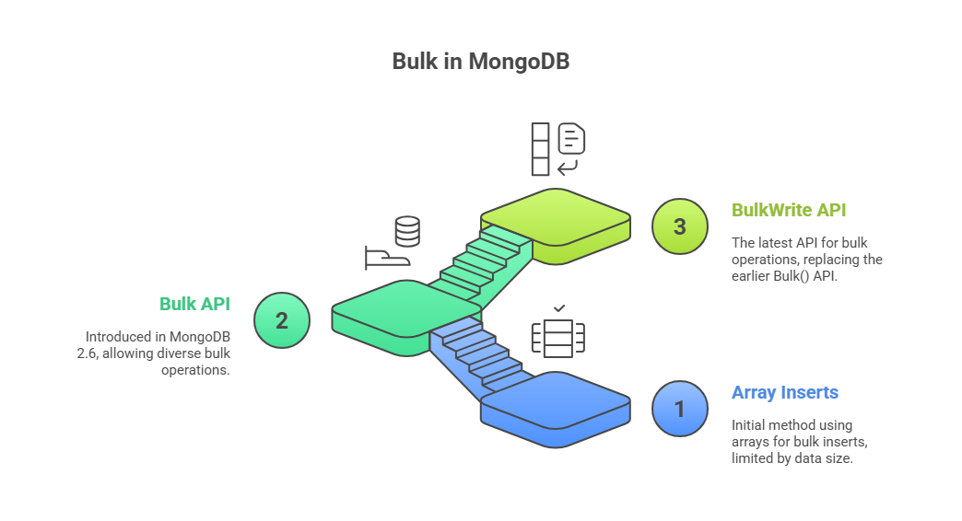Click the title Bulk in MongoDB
pyautogui.click(x=480, y=62)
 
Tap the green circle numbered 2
pyautogui.click(x=282, y=320)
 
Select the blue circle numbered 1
pyautogui.click(x=679, y=409)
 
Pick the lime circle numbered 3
pyautogui.click(x=679, y=226)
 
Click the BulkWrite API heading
pyautogui.click(x=789, y=210)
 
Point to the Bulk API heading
pyautogui.click(x=194, y=304)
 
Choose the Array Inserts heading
pyautogui.click(x=785, y=392)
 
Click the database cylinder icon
pyautogui.click(x=407, y=231)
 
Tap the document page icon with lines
pyautogui.click(x=571, y=138)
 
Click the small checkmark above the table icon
pyautogui.click(x=559, y=308)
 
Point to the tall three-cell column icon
pyautogui.click(x=541, y=149)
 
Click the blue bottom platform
pyautogui.click(x=556, y=409)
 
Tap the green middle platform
pyautogui.click(x=406, y=317)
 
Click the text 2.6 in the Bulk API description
pyautogui.click(x=87, y=353)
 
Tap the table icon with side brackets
pyautogui.click(x=558, y=338)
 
